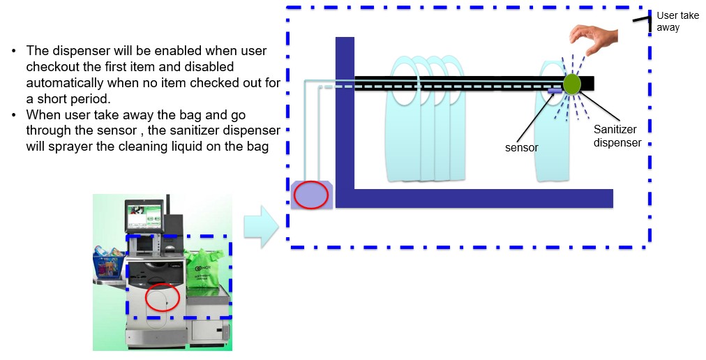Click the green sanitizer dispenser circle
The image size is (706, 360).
tap(572, 84)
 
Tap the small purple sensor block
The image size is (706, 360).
tap(555, 91)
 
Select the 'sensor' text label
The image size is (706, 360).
tap(521, 148)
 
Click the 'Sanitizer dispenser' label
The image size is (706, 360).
tap(617, 136)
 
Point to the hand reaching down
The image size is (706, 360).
tap(593, 39)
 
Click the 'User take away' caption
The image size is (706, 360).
tap(677, 21)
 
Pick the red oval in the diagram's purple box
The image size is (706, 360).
tap(311, 195)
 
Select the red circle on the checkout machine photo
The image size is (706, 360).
tap(163, 297)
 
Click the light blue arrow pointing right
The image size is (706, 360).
tap(261, 227)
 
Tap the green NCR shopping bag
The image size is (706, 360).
tap(204, 269)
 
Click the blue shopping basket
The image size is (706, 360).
tap(109, 265)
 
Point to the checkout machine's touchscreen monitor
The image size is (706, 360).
tap(144, 216)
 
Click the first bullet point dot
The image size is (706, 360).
tap(15, 51)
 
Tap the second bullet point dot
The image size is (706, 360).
tap(15, 115)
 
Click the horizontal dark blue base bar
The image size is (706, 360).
tap(474, 199)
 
